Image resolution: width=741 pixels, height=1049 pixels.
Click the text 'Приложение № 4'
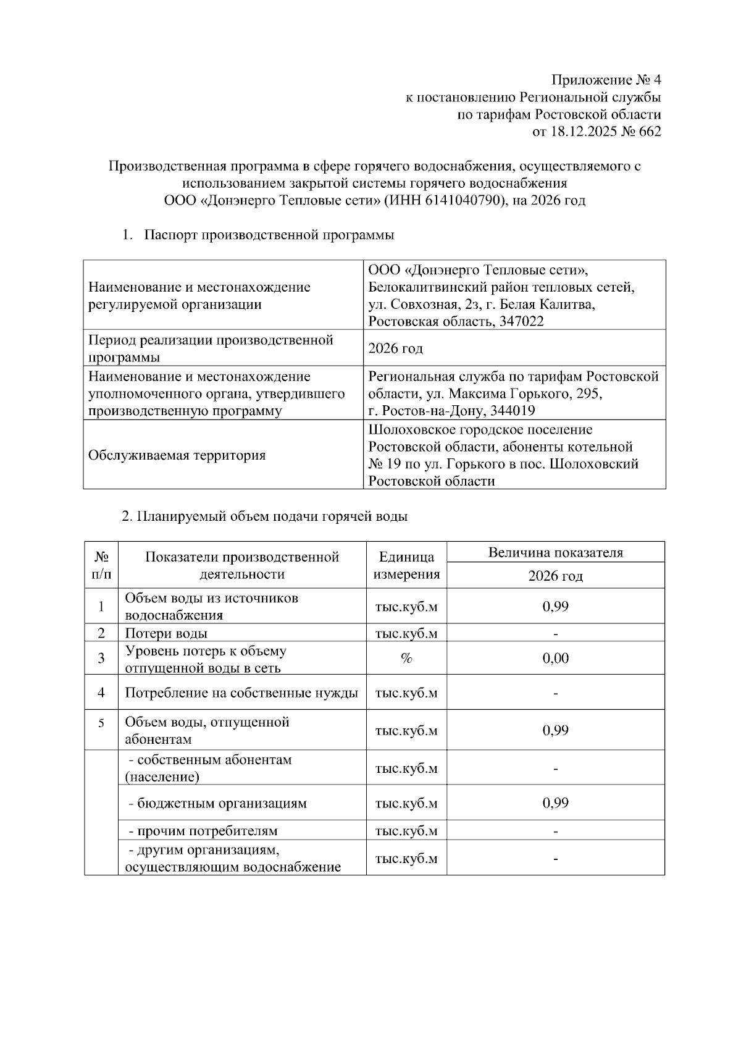(606, 80)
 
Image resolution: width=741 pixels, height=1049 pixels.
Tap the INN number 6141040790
(462, 201)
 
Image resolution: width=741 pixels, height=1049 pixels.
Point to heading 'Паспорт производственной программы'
(269, 235)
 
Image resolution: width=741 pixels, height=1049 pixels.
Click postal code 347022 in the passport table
(519, 321)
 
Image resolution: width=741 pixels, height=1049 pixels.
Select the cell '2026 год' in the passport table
(395, 348)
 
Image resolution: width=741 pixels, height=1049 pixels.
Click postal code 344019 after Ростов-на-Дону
(510, 411)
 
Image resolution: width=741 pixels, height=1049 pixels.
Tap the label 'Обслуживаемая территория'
(177, 455)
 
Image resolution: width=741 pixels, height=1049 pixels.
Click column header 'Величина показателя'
(555, 553)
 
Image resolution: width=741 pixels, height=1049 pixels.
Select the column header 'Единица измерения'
(406, 565)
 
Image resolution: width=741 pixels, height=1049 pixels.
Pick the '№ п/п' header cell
(101, 565)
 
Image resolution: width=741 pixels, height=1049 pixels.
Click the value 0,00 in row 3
(555, 659)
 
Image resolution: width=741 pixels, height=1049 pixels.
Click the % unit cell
(406, 659)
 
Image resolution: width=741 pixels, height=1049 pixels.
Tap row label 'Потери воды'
(166, 633)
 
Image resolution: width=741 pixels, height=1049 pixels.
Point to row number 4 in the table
(101, 693)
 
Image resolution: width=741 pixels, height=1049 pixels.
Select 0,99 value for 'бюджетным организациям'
(555, 803)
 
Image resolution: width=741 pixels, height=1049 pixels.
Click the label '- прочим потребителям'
(203, 831)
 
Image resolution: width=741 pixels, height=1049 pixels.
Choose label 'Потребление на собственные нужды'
(241, 693)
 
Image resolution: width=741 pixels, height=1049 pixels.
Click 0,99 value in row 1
(555, 607)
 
